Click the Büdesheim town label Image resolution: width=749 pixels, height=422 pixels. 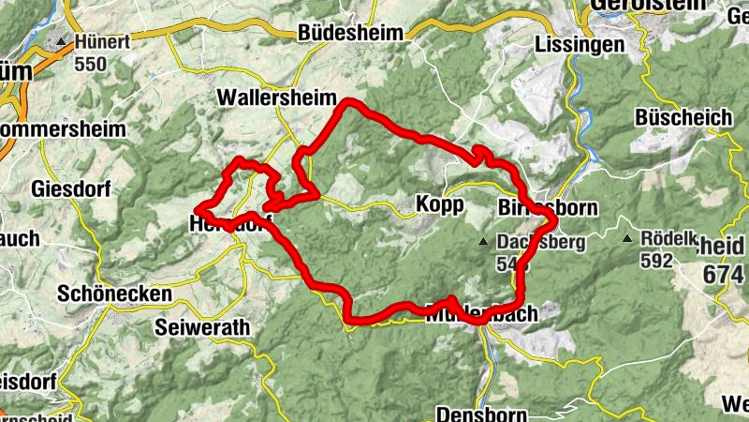pos(350,33)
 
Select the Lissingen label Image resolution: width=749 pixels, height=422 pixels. pos(579,44)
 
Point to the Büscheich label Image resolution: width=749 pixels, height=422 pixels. pos(683,117)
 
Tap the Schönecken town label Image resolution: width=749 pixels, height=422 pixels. pos(114,294)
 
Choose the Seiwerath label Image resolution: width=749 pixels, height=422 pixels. pos(203,327)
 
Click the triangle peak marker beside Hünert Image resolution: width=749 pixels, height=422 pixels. pos(63,42)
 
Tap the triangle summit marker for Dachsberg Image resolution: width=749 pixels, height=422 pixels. pos(483,242)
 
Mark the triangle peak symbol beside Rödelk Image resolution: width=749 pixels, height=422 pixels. pos(626,239)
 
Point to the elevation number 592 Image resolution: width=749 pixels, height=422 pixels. pos(657,261)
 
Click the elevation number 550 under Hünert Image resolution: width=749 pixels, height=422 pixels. pos(95,65)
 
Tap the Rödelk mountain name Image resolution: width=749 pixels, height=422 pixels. pos(669,238)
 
